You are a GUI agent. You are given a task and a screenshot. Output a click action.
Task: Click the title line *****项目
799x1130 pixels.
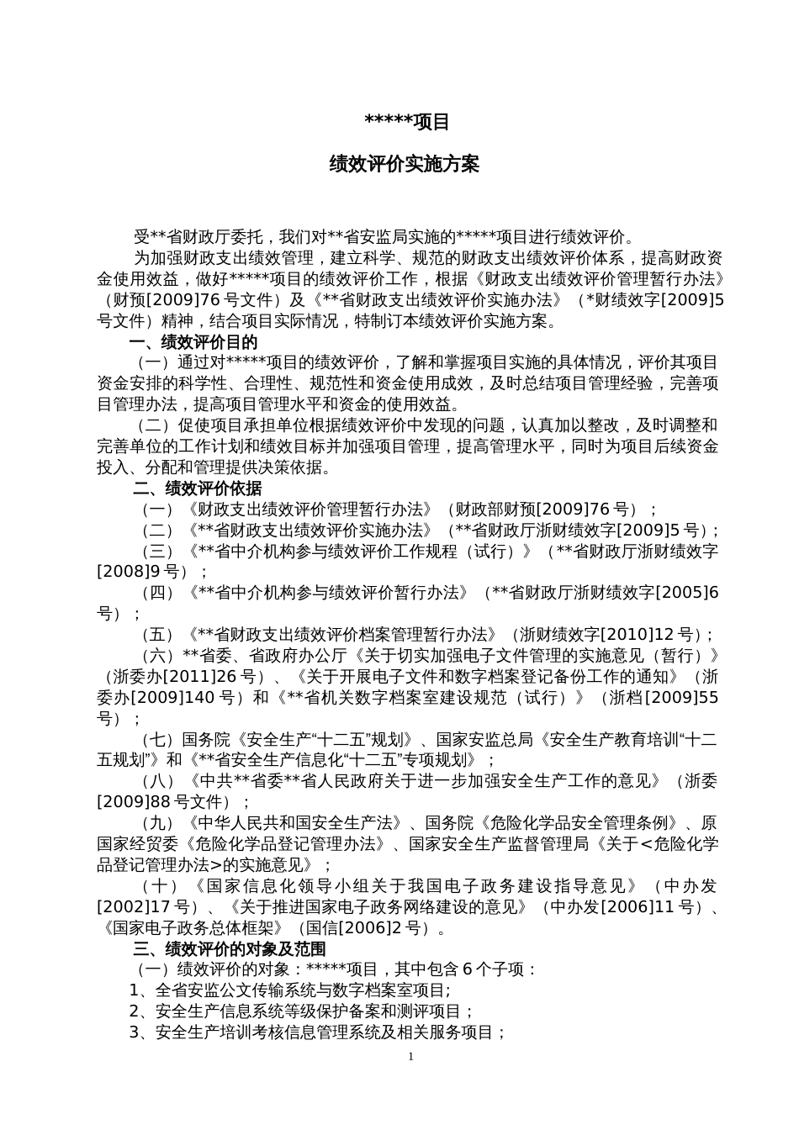click(x=407, y=123)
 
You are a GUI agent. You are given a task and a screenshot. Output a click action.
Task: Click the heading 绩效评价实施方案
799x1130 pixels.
click(x=405, y=165)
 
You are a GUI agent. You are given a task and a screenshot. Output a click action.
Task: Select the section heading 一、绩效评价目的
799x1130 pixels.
click(x=193, y=342)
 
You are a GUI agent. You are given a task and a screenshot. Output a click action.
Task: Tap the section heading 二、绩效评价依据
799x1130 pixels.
click(x=197, y=488)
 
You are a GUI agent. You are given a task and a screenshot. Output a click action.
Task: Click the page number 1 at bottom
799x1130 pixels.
click(x=410, y=1056)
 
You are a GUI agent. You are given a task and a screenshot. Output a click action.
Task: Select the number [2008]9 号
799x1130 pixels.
click(x=140, y=572)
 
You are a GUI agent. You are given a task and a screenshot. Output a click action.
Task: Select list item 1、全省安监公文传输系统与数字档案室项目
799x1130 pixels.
click(x=290, y=990)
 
